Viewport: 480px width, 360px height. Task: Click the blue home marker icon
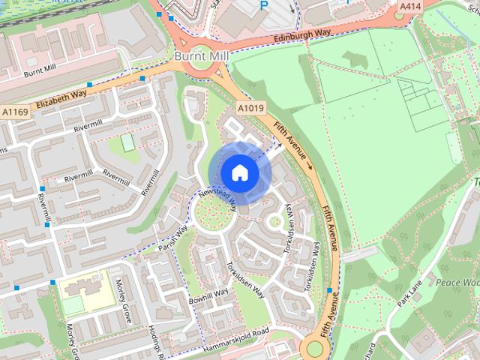click(x=239, y=172)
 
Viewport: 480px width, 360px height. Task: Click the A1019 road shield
click(x=250, y=109)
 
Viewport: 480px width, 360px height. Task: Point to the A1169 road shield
click(x=14, y=112)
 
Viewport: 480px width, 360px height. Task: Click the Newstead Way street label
click(x=218, y=196)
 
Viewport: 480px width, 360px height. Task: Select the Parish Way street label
click(x=172, y=236)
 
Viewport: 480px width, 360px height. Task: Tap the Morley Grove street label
click(x=124, y=300)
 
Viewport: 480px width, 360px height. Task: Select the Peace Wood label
click(x=458, y=283)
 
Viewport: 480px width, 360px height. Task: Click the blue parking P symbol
click(x=263, y=5)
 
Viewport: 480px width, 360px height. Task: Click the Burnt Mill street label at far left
click(x=39, y=71)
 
